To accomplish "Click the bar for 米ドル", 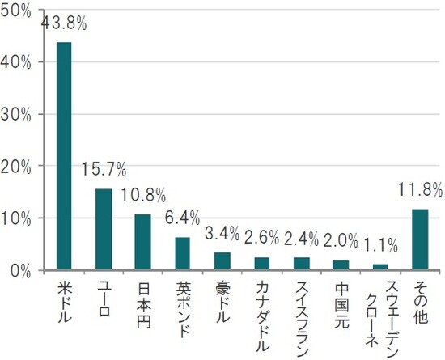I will point(64,156).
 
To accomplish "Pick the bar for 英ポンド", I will point(182,253).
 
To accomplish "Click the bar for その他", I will point(420,239).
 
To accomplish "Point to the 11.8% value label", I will point(420,191).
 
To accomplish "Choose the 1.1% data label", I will point(380,244).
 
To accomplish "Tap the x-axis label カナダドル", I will point(261,316).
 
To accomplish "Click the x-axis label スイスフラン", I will point(301,316).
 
